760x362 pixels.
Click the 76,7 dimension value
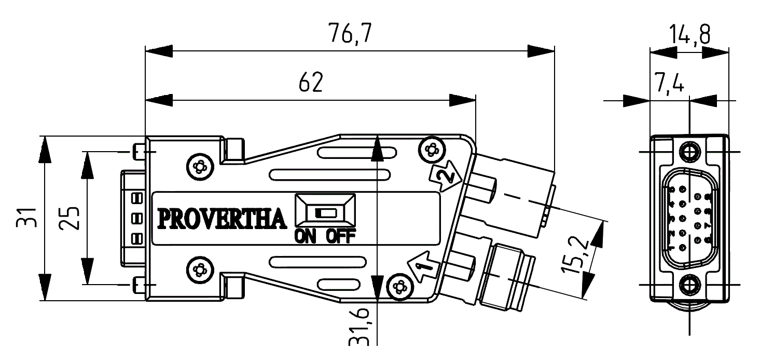pos(350,34)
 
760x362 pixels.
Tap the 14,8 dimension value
pos(689,35)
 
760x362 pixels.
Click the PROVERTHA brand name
pos(222,219)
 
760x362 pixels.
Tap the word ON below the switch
pos(305,237)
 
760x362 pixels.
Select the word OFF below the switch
pos(341,237)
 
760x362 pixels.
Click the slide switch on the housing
pos(325,212)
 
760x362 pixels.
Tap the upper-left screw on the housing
pos(199,167)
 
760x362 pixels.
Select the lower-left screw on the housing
pos(199,270)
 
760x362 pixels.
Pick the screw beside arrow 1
pos(399,286)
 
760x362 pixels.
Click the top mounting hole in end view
pos(689,151)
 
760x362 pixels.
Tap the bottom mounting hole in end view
pos(689,285)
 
